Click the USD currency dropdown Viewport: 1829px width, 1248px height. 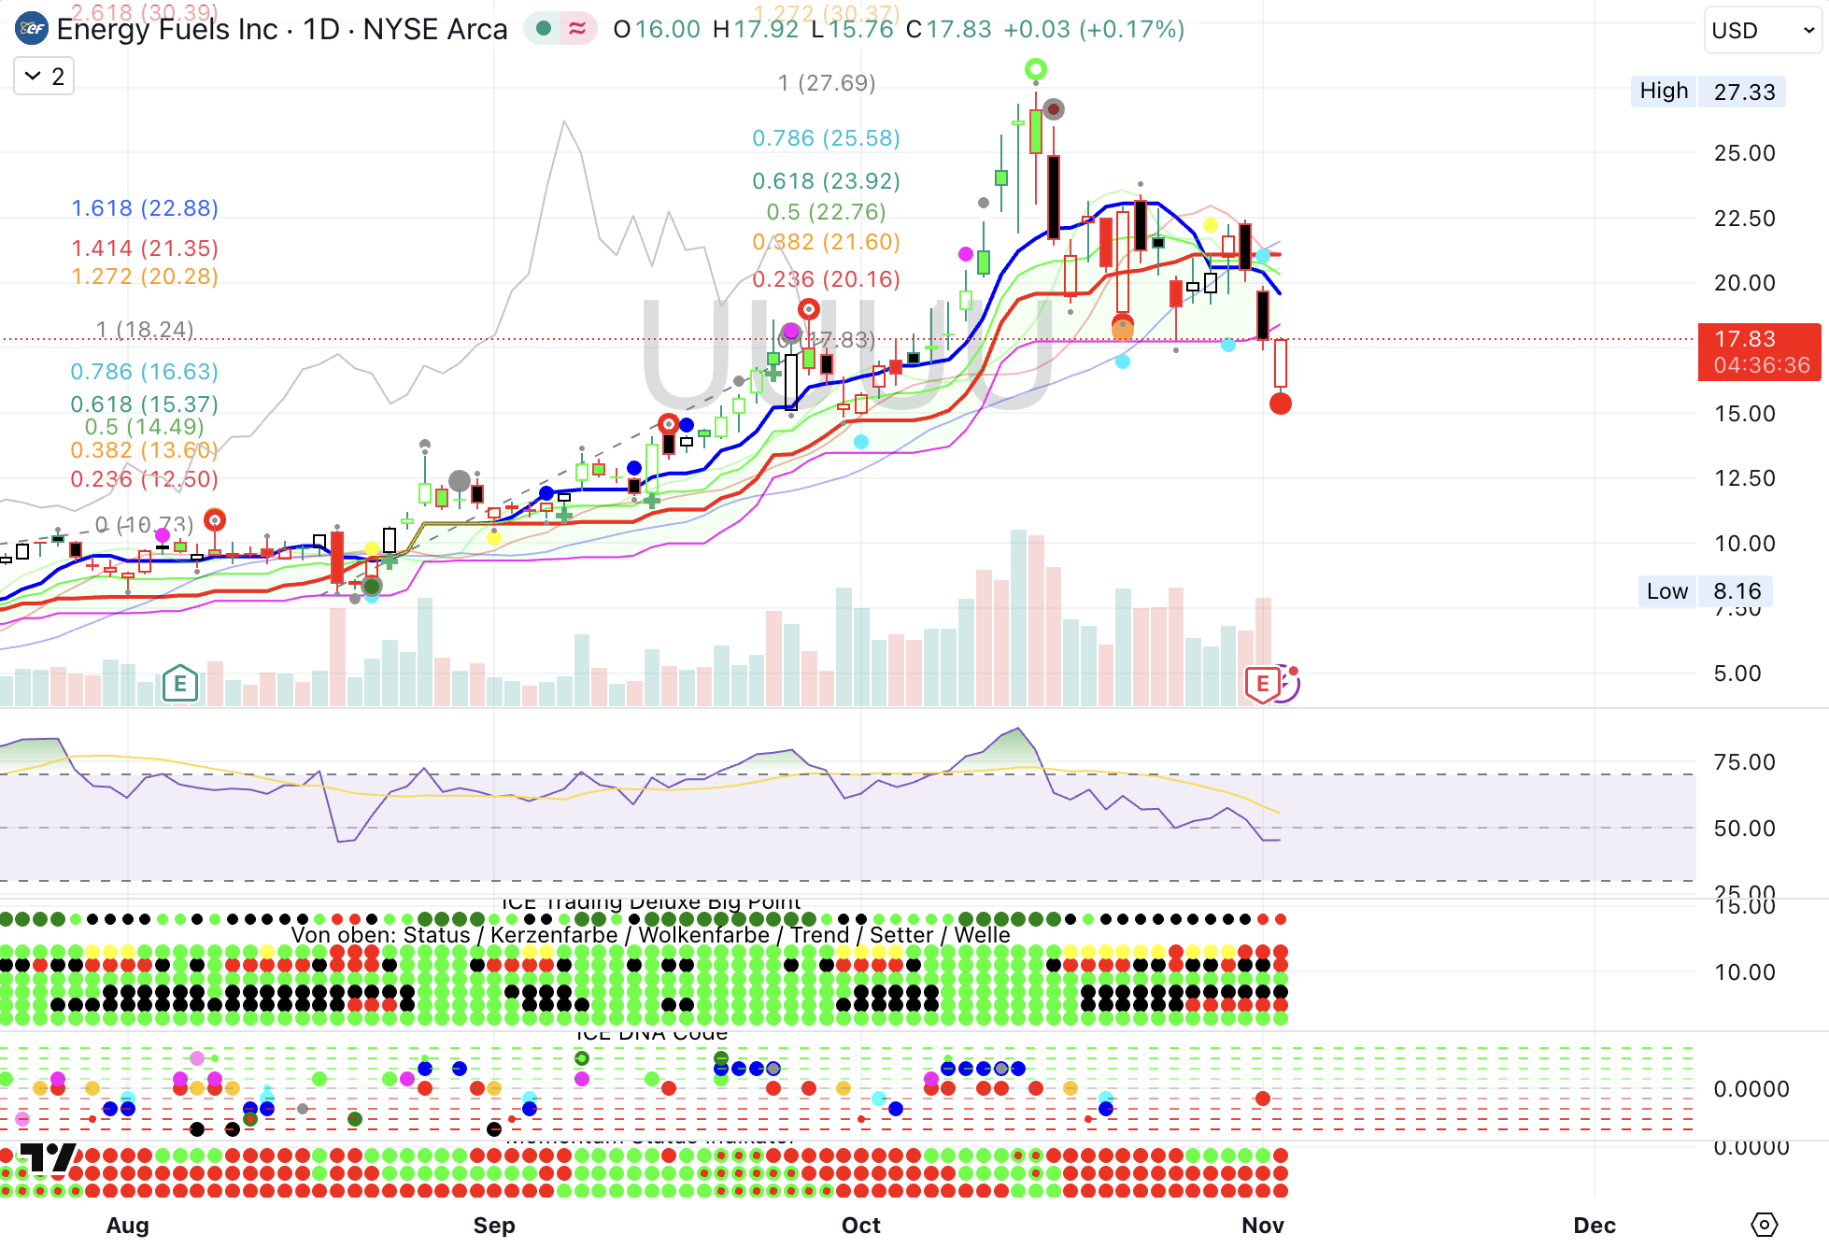tap(1761, 31)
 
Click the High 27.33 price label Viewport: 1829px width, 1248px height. tap(1708, 92)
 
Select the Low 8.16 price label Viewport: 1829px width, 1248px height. tap(1705, 591)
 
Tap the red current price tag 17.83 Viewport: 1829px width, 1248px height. tap(1758, 351)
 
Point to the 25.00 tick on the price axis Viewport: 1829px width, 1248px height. tap(1744, 153)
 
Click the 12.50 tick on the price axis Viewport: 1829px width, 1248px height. tap(1744, 478)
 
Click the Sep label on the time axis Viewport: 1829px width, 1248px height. tap(494, 1225)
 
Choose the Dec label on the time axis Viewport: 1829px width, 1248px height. tap(1594, 1225)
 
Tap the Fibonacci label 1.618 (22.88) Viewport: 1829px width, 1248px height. tap(145, 208)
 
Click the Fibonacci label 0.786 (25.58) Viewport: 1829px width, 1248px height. tap(826, 138)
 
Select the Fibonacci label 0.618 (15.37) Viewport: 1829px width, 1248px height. tap(145, 404)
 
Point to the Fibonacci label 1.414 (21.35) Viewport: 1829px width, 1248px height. tap(145, 248)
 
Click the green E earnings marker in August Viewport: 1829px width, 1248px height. tap(179, 685)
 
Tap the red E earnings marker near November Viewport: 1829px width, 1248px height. tap(1262, 685)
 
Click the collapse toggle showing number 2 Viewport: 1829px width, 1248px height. tap(44, 77)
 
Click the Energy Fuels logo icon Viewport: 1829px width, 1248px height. tap(32, 29)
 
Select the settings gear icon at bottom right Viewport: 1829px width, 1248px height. tap(1764, 1225)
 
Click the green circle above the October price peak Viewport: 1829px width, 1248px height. tap(1035, 69)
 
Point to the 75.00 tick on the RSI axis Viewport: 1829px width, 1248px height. tap(1744, 762)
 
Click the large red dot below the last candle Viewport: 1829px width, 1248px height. tap(1280, 404)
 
